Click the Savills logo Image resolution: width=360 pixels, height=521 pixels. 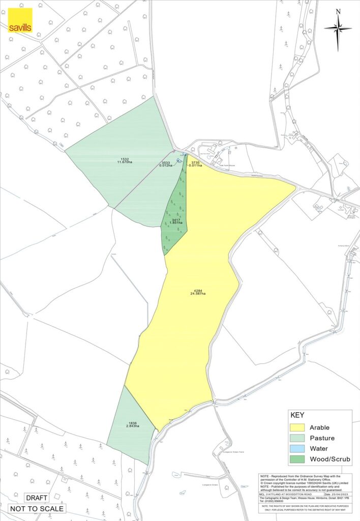click(x=20, y=20)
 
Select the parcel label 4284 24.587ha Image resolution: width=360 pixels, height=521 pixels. click(x=198, y=292)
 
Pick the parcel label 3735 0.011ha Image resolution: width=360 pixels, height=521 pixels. click(x=195, y=163)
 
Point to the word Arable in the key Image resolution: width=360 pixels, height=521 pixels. click(x=319, y=427)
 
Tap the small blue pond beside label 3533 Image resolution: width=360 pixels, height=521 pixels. click(x=178, y=161)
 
